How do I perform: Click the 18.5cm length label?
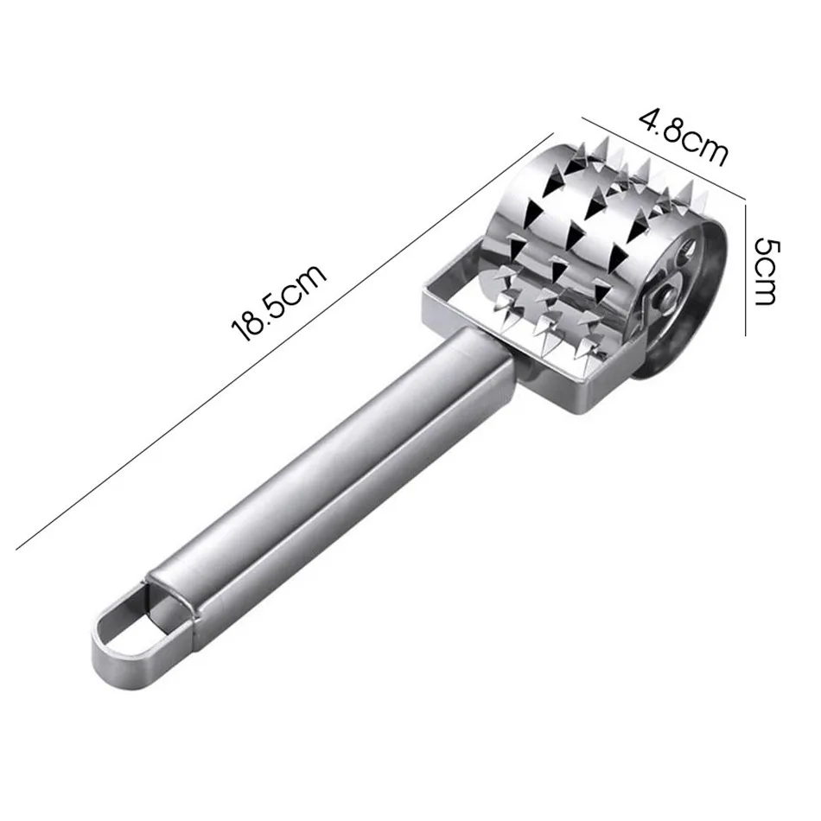coord(279,303)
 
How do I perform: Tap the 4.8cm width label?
coord(683,136)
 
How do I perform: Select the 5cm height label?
coord(766,271)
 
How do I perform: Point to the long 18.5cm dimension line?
coord(285,341)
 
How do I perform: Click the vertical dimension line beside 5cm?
coord(746,270)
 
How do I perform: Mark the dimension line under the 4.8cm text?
coord(664,158)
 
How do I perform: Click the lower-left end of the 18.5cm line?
coord(16,550)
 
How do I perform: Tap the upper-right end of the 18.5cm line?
coord(553,133)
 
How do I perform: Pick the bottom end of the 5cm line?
coord(746,335)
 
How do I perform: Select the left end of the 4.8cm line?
coord(582,118)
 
